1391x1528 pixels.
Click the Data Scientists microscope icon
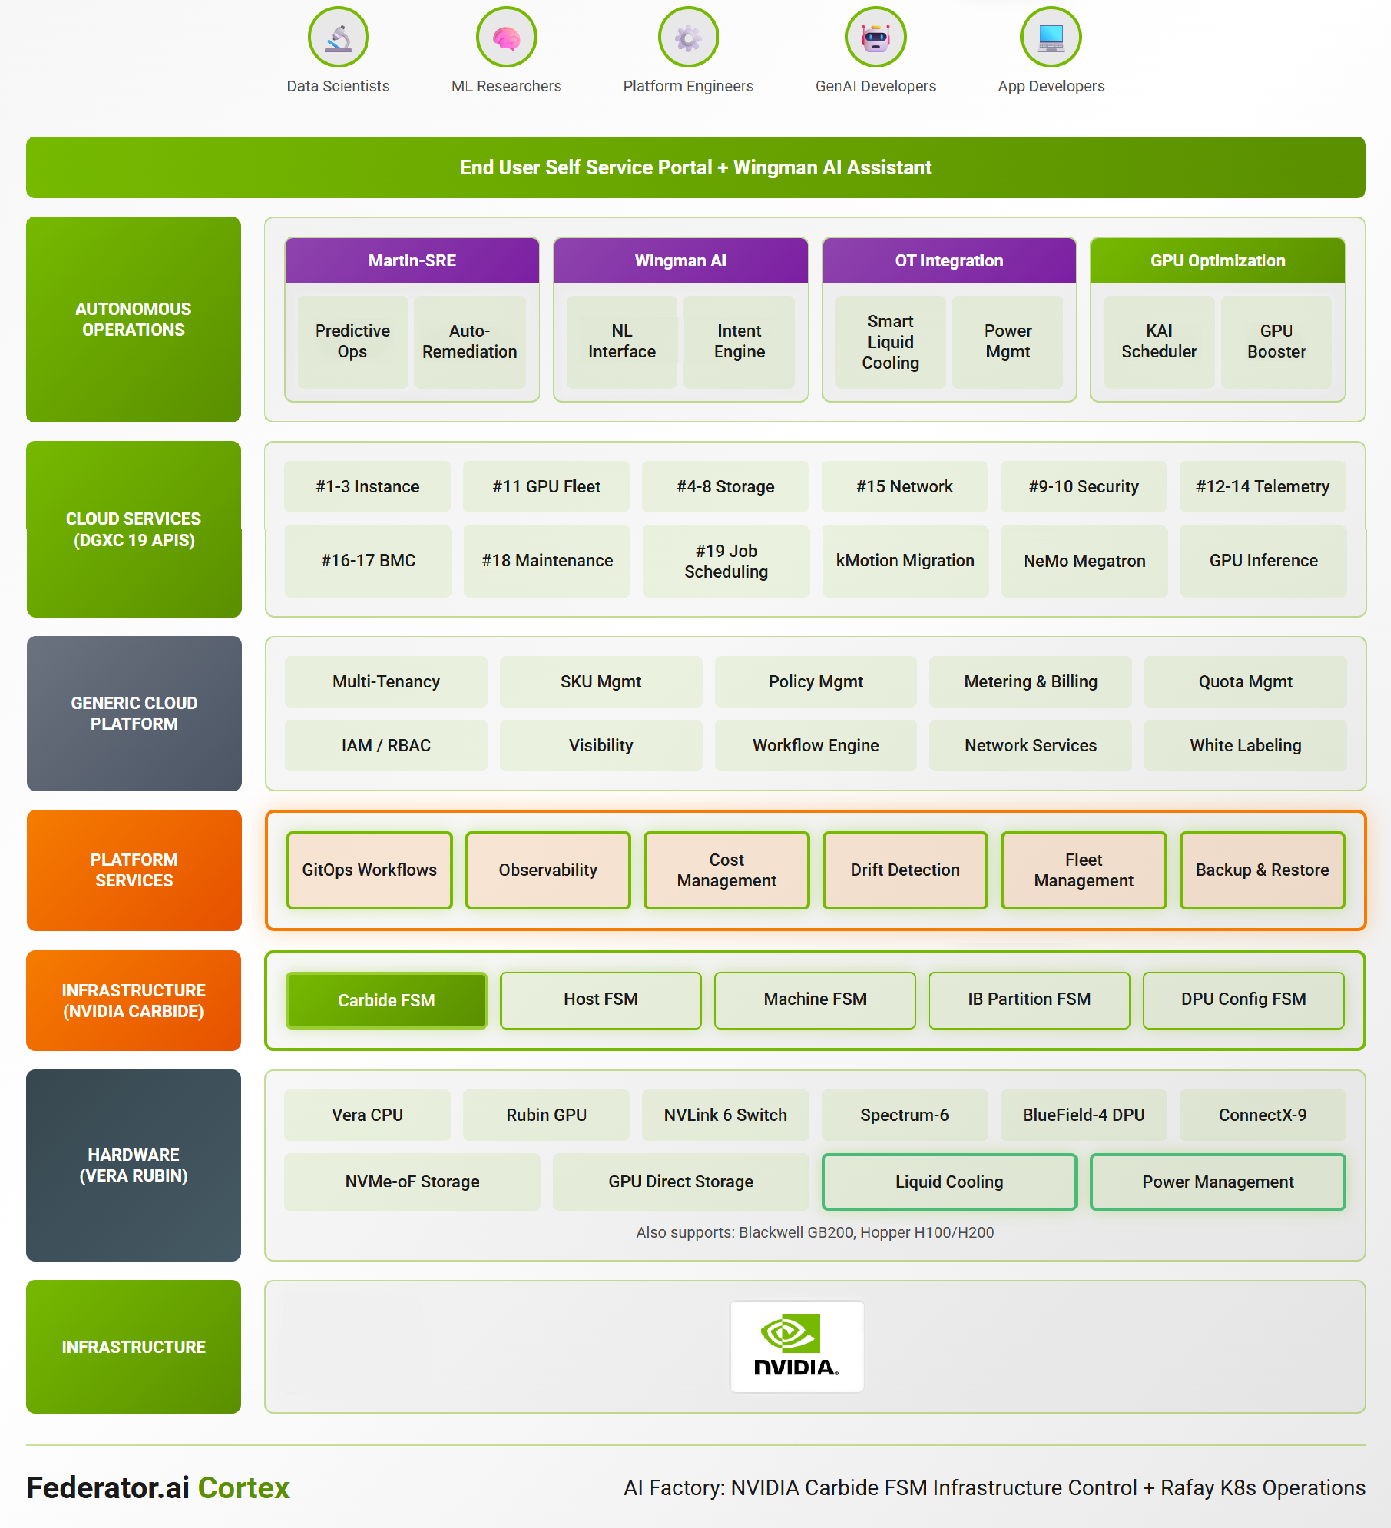338,37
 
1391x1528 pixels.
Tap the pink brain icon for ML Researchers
506,37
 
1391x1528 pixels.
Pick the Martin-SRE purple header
412,261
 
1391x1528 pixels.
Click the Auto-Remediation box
470,342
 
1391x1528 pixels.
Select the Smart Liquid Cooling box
890,342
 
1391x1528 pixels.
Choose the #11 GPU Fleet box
546,487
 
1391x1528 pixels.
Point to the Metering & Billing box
1030,681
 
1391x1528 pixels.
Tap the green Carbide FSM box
386,1000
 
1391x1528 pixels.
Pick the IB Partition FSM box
1029,1000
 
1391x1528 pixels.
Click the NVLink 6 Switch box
725,1115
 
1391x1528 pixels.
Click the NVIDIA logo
796,1346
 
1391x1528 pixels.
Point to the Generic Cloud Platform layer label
134,713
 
